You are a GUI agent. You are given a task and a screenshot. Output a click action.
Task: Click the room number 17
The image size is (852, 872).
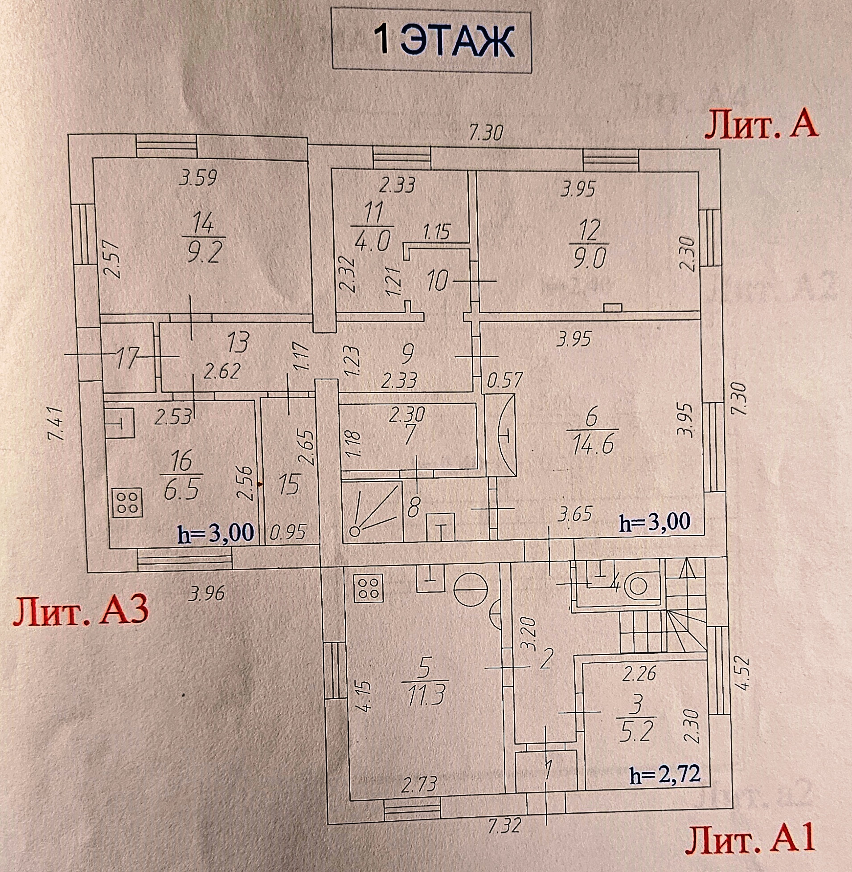[127, 358]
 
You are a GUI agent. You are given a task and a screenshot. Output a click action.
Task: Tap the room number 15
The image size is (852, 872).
[289, 484]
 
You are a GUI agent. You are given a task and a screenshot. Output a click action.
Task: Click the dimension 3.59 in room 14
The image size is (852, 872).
[198, 178]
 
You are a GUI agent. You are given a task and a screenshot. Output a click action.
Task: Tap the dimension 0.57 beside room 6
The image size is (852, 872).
[505, 380]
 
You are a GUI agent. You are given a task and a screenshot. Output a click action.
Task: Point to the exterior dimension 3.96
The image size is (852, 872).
[206, 593]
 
